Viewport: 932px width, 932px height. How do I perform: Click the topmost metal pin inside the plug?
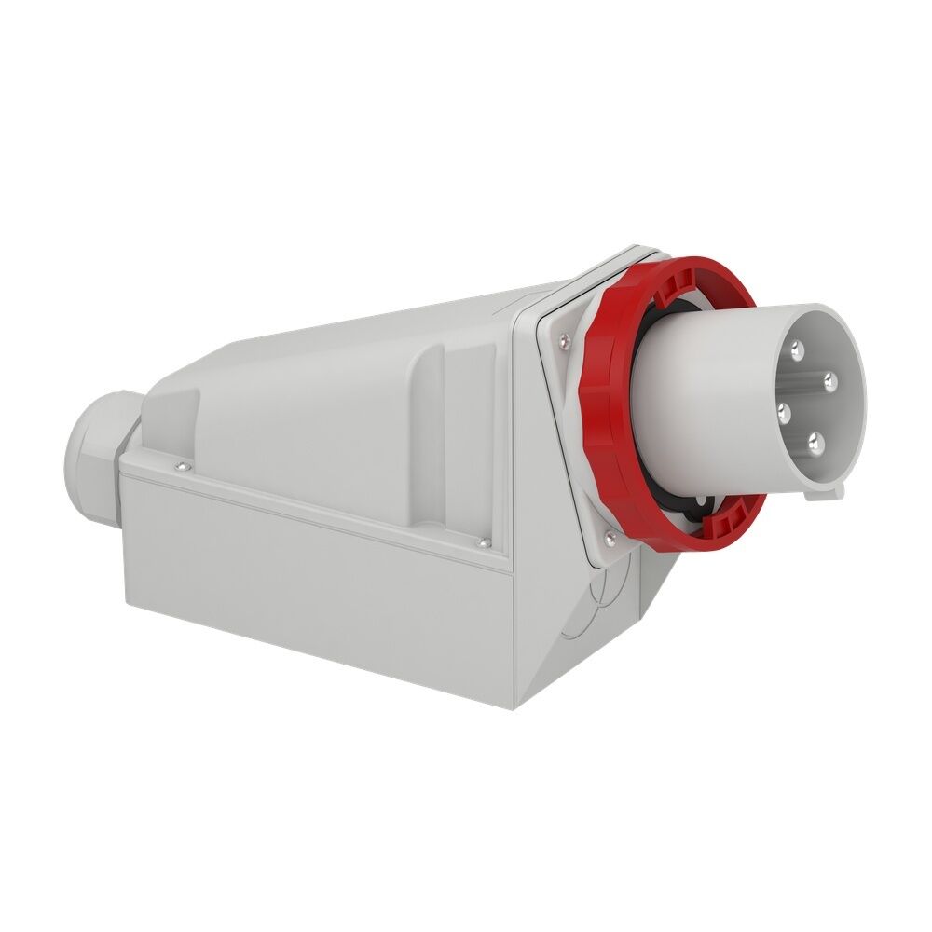[x=797, y=350]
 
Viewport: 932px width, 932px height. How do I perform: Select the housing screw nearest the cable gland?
[x=180, y=463]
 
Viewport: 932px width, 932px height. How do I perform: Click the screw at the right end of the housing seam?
[x=483, y=541]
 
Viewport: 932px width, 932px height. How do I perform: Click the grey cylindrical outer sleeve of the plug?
[x=708, y=401]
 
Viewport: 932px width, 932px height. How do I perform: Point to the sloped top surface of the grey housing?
[x=373, y=326]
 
